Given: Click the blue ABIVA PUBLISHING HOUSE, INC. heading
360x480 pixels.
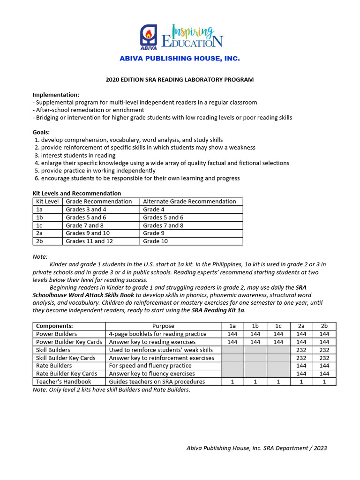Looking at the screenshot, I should [180, 59].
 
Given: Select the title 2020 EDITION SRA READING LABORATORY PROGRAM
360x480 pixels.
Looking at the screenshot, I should [180, 80].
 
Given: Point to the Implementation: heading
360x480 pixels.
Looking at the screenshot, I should [56, 95].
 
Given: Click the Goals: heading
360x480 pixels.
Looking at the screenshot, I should [41, 132].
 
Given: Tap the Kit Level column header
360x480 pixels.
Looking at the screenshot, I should [47, 202].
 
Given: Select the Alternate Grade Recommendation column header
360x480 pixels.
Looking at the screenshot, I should [189, 202].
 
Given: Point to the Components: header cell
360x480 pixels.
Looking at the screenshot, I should [54, 326].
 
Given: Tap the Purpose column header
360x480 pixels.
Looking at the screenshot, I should [163, 326].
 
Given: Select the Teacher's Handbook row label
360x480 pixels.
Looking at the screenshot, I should [64, 382].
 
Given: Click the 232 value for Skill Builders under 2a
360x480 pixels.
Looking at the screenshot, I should [301, 350].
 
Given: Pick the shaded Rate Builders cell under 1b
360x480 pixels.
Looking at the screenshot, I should [255, 366].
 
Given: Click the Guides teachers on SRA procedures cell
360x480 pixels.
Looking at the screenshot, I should [157, 382].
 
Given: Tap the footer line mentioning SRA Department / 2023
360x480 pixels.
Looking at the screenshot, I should [256, 448].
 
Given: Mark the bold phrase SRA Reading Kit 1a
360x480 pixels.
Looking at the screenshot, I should [218, 310].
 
